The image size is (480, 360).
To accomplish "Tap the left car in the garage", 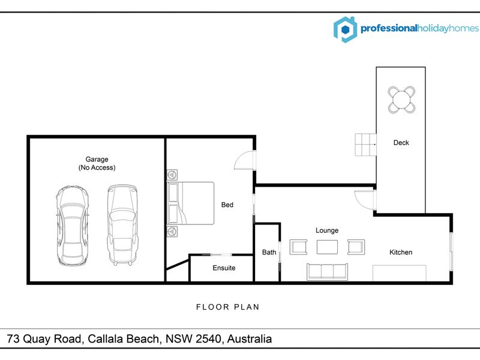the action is (x=73, y=226).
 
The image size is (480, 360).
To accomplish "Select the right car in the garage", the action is (x=122, y=224).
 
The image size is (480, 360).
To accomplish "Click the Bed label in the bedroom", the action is (x=227, y=205).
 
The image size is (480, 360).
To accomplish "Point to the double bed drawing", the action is (x=190, y=203).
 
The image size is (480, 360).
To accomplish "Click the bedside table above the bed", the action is (x=172, y=175).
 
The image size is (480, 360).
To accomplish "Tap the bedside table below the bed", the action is (x=172, y=231).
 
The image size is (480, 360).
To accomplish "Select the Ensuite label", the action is (x=224, y=268).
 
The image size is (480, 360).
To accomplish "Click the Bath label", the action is (x=269, y=252).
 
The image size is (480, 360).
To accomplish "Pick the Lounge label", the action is (x=327, y=230).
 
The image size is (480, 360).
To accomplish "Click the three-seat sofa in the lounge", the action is (x=327, y=272).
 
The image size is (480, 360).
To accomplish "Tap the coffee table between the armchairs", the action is (x=327, y=247).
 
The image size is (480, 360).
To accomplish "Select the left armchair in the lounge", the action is (x=298, y=247).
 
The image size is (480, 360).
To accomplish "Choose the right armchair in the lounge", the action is (x=356, y=247).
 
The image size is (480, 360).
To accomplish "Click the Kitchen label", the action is (x=401, y=252).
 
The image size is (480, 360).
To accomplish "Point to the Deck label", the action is (x=401, y=143).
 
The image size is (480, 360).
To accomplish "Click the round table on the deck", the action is (x=401, y=100).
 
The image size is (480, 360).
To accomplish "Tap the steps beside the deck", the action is (x=365, y=145).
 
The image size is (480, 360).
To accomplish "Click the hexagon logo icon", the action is (x=346, y=29).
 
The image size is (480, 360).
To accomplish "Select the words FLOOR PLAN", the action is (x=228, y=307).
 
